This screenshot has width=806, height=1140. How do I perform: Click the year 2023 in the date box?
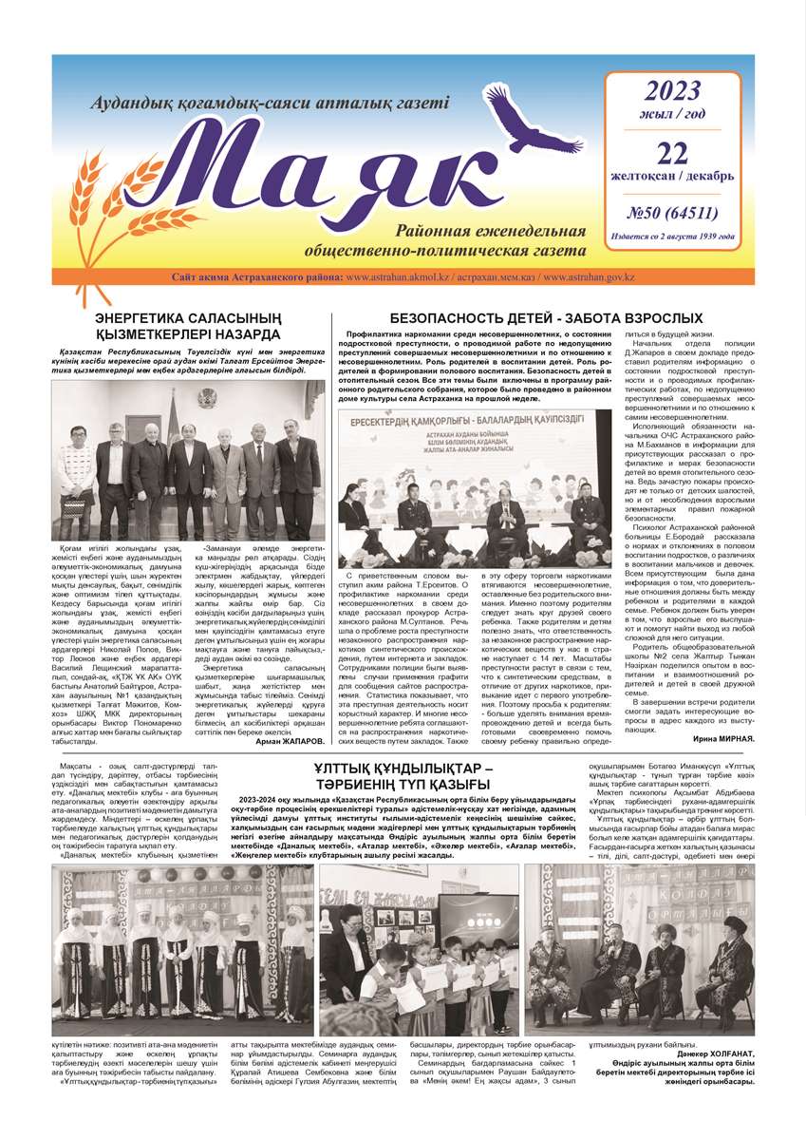pos(672,91)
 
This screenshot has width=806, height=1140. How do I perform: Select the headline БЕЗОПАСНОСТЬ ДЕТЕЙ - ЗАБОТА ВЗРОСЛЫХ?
pos(546,319)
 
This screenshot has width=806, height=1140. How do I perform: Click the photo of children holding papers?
pos(418,950)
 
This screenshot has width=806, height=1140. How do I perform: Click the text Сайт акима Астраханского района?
pos(257,277)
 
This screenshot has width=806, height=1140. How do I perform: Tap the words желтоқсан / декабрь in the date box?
pos(672,177)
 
